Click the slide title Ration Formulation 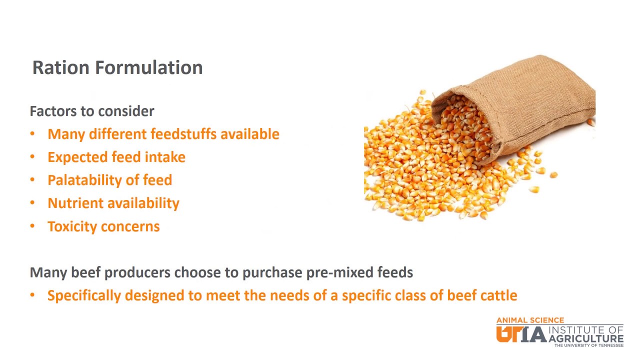pyautogui.click(x=117, y=67)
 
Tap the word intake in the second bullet pyautogui.click(x=165, y=157)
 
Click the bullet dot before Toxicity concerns pyautogui.click(x=32, y=226)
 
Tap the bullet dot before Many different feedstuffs pyautogui.click(x=32, y=134)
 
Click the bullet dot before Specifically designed pyautogui.click(x=32, y=295)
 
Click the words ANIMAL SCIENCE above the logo pyautogui.click(x=530, y=320)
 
